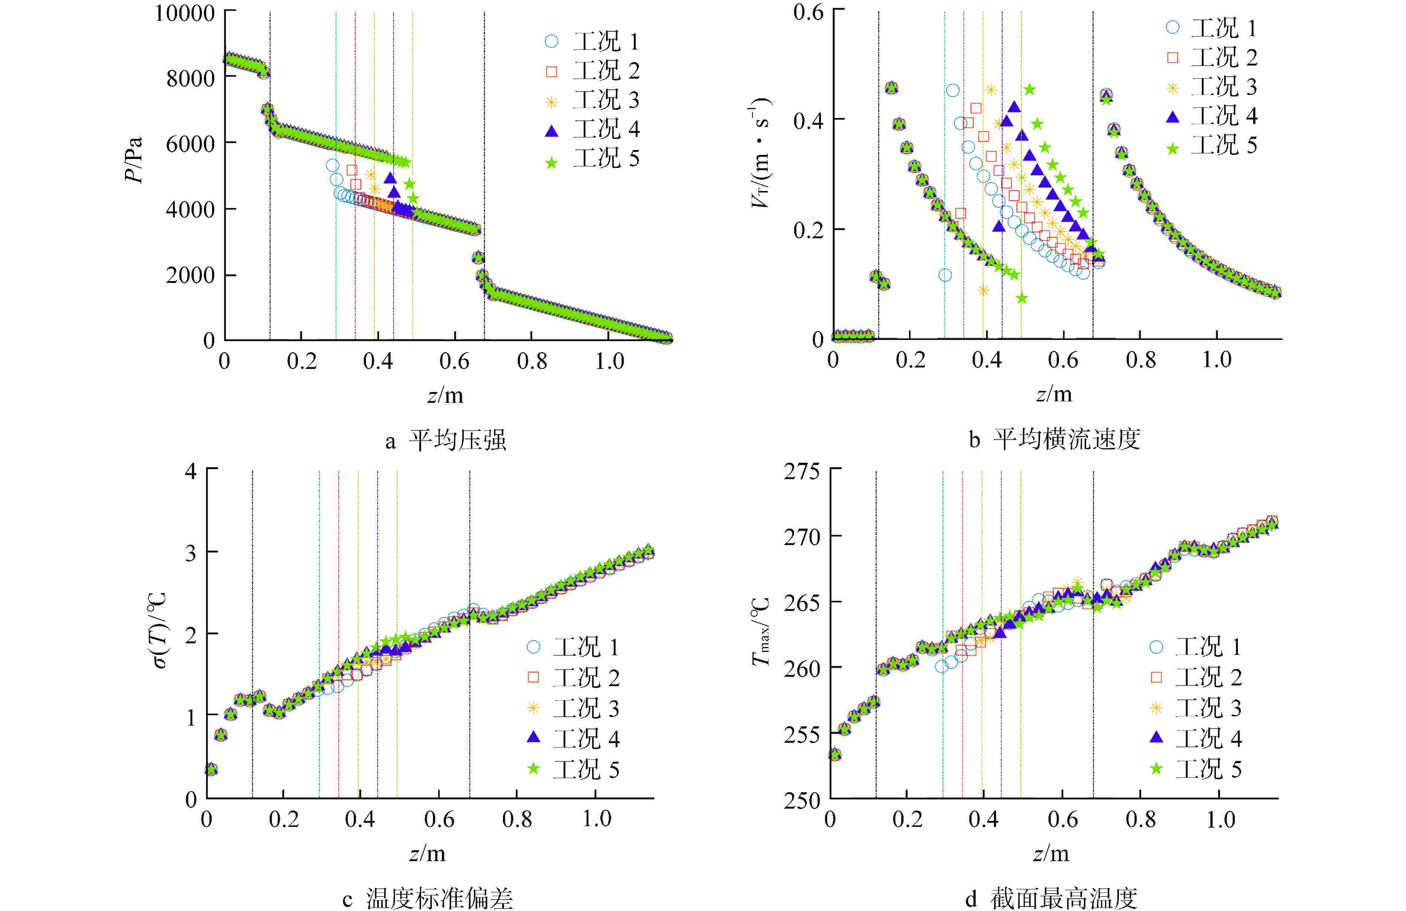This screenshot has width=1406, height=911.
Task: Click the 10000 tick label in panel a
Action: point(184,13)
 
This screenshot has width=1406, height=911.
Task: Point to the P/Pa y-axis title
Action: point(135,160)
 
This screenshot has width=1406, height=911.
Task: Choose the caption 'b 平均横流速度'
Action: point(1054,439)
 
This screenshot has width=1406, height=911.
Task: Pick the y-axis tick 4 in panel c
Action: point(191,472)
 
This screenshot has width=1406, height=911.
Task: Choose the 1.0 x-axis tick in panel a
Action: point(609,361)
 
